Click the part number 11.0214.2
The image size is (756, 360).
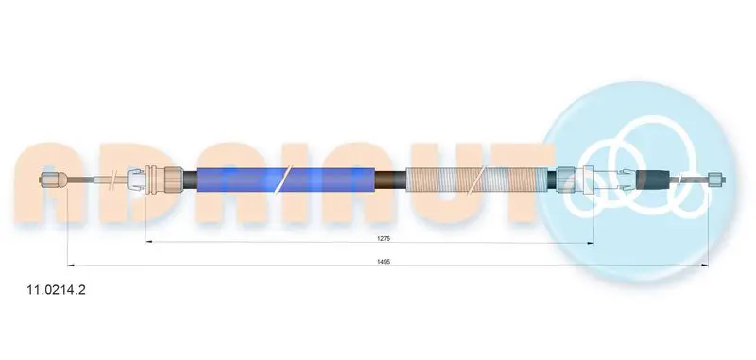pyautogui.click(x=57, y=290)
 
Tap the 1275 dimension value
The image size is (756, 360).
pyautogui.click(x=384, y=238)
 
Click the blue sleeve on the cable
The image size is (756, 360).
pyautogui.click(x=285, y=180)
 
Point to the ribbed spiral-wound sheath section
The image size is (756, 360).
pyautogui.click(x=477, y=180)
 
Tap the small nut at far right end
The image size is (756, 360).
pyautogui.click(x=716, y=180)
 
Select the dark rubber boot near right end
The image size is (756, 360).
pyautogui.click(x=653, y=180)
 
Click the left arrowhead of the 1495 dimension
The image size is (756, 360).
pyautogui.click(x=70, y=266)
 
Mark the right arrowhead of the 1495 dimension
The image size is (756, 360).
pyautogui.click(x=704, y=266)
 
